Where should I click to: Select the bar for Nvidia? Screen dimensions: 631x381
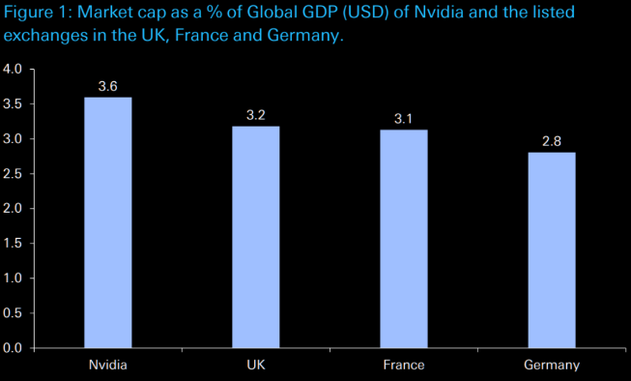coord(108,222)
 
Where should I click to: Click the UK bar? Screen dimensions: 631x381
coord(256,237)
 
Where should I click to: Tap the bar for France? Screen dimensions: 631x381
coord(404,239)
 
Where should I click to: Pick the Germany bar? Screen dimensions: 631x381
coord(552,250)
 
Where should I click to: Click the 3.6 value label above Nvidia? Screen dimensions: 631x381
coord(108,86)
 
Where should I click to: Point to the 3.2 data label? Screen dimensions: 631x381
coord(256,115)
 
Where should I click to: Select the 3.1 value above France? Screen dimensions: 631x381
coord(403,119)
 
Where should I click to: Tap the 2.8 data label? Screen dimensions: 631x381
coord(552,141)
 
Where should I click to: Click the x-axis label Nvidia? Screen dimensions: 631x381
coord(108,365)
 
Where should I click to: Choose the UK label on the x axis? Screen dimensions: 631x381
coord(256,365)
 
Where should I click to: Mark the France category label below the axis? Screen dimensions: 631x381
coord(404,365)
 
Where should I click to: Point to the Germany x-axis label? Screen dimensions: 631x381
coord(552,366)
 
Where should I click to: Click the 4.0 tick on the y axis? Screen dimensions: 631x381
coord(13,69)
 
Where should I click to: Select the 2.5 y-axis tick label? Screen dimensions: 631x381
coord(13,174)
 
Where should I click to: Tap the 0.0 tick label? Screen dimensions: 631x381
coord(13,348)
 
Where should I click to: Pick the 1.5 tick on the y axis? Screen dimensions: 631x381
coord(13,244)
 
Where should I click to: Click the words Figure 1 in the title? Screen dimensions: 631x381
coord(37,12)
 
